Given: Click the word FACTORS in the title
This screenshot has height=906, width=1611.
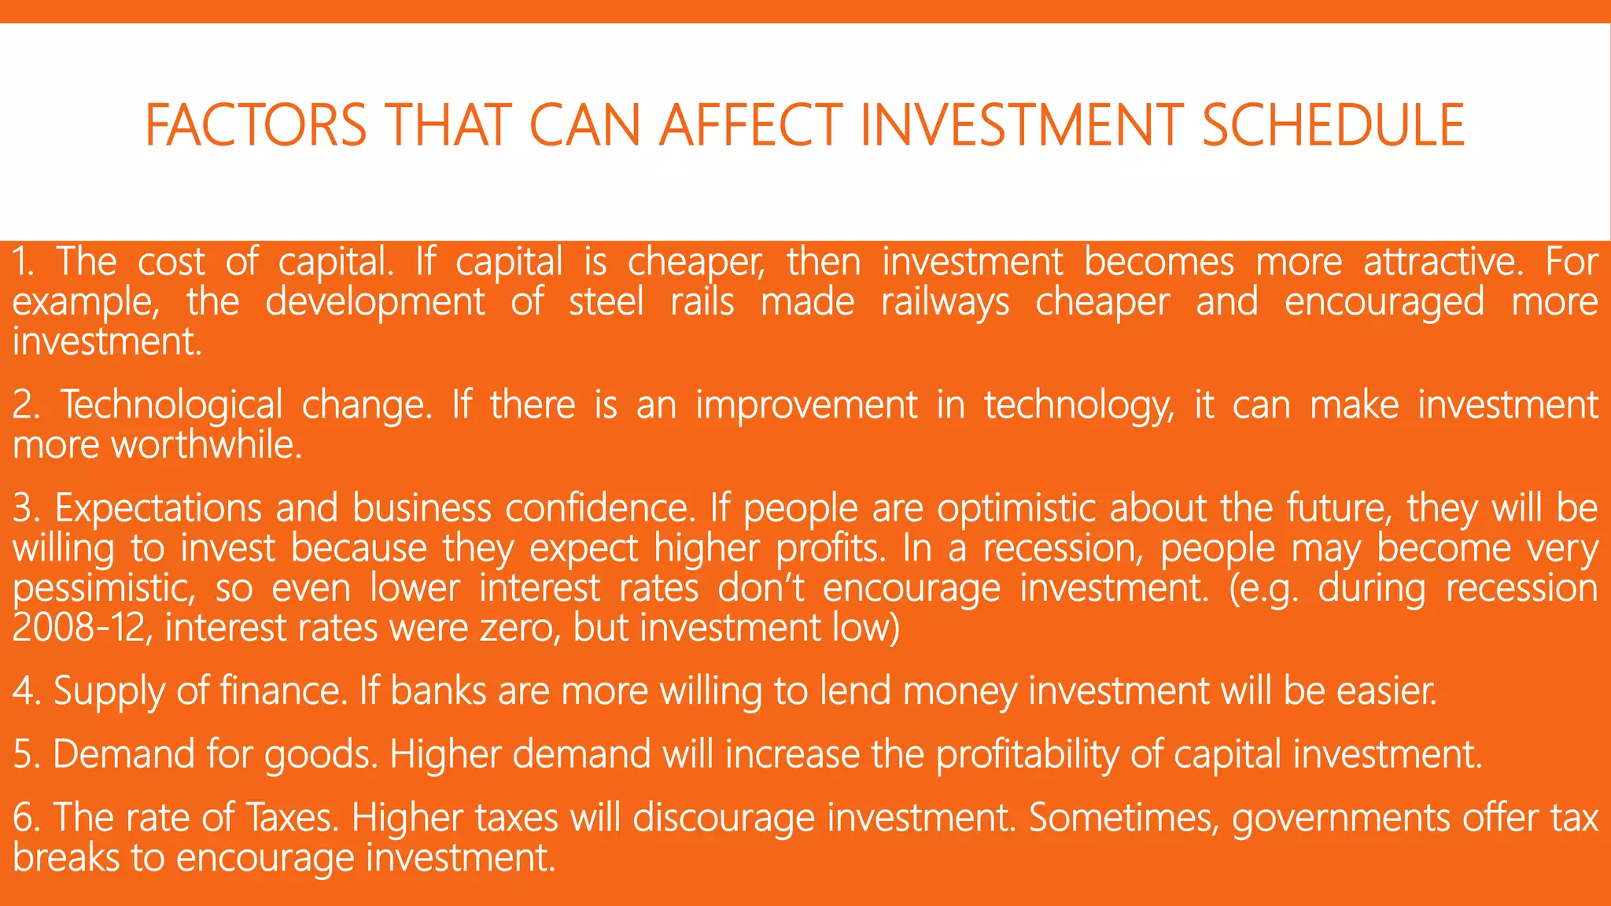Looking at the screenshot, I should [256, 125].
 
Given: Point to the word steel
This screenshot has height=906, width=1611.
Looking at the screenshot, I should [606, 302].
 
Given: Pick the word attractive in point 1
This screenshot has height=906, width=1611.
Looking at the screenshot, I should [1443, 262].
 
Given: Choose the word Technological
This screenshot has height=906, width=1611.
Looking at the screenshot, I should [171, 406].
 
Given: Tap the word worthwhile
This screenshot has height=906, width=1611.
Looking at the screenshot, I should [206, 445].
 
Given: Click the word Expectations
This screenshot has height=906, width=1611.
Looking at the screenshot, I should [157, 509].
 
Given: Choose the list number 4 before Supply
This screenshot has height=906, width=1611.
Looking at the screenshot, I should [23, 691].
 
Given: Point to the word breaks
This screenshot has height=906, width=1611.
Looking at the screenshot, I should [66, 857].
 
